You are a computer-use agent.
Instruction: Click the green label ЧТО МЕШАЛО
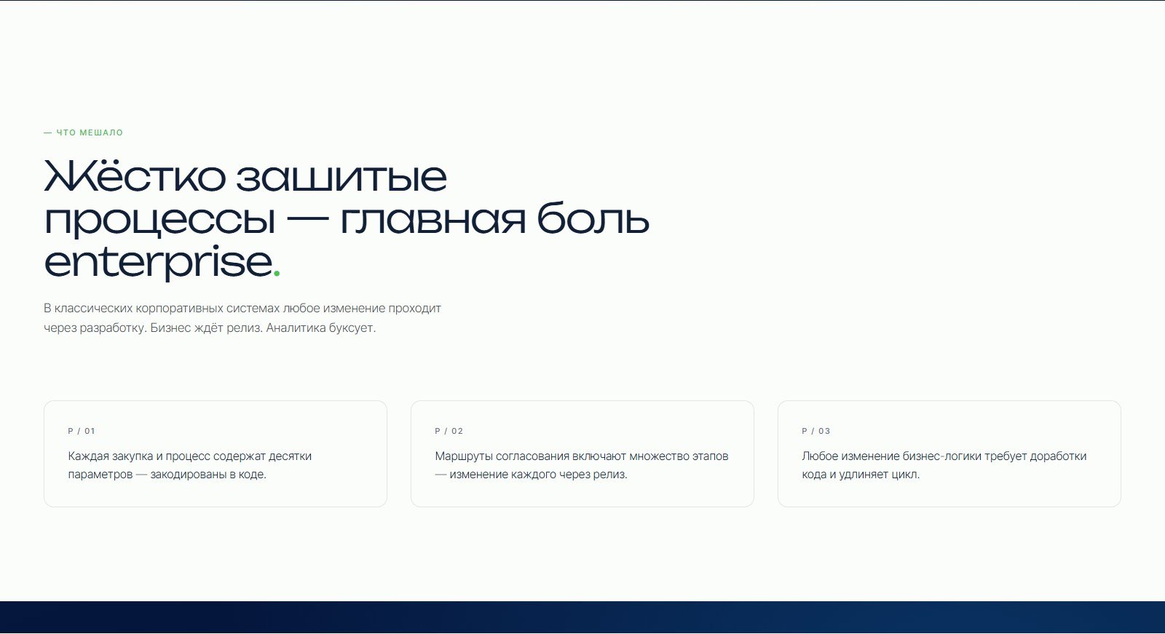(90, 132)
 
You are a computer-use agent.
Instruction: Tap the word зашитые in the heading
(341, 178)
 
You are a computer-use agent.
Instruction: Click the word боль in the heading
(593, 217)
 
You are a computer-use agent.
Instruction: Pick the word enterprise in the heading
(159, 261)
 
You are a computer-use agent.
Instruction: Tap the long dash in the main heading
(308, 218)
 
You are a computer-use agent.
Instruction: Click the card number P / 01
(82, 431)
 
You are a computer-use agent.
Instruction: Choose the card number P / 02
(449, 431)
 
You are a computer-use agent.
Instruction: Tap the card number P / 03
(816, 431)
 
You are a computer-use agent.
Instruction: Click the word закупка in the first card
(132, 456)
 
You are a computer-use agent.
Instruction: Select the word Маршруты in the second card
(464, 456)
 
